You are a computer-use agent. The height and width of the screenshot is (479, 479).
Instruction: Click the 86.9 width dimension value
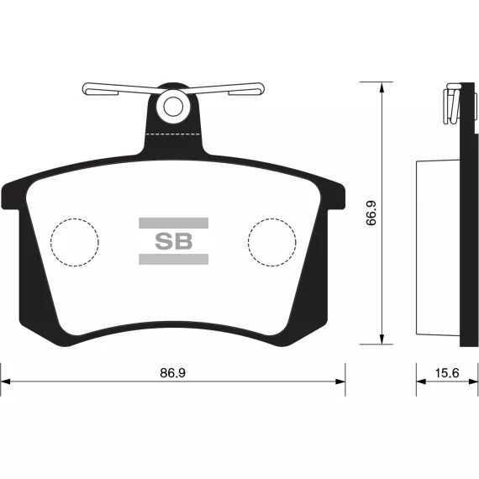point(173,373)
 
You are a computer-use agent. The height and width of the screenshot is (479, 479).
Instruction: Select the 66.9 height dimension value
point(371,213)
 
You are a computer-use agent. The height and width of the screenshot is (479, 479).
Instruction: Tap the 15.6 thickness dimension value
point(447,373)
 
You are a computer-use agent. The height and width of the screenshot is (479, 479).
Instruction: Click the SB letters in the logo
point(173,241)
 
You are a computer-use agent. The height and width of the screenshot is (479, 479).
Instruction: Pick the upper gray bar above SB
point(173,223)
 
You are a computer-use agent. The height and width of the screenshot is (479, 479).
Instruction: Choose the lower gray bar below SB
point(173,259)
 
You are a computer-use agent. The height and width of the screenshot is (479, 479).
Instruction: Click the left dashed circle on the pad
point(50,242)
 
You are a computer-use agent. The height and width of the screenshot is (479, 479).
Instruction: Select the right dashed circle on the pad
point(248,242)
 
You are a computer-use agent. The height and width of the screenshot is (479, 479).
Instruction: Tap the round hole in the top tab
point(173,107)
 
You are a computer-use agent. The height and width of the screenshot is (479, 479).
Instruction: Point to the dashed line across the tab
point(173,134)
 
